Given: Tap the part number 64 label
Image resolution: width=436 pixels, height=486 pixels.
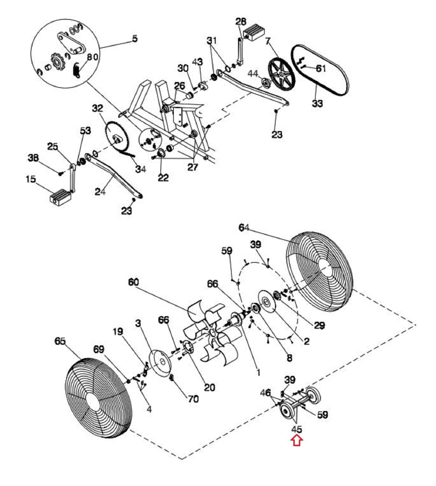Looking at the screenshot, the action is pyautogui.click(x=244, y=228).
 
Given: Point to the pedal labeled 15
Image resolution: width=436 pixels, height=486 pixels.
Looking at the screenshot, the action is pyautogui.click(x=60, y=197).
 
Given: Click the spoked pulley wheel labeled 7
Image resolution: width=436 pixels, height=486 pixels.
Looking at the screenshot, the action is pyautogui.click(x=282, y=75).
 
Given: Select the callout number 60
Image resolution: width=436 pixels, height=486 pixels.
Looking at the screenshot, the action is pyautogui.click(x=133, y=282).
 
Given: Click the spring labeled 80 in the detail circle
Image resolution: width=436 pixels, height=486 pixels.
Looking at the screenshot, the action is pyautogui.click(x=77, y=70).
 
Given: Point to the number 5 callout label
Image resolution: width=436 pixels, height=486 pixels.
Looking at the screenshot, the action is pyautogui.click(x=135, y=39).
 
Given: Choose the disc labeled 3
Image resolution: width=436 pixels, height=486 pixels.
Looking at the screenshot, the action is pyautogui.click(x=161, y=364).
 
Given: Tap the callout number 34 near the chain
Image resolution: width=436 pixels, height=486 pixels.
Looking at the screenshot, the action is pyautogui.click(x=141, y=169).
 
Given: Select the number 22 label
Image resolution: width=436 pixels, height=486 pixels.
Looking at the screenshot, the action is pyautogui.click(x=163, y=178).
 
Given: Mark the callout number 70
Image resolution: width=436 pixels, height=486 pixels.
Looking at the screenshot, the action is pyautogui.click(x=193, y=399).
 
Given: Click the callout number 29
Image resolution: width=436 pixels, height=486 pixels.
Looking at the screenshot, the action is pyautogui.click(x=319, y=325).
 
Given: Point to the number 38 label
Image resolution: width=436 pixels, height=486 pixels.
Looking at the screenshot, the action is pyautogui.click(x=33, y=158).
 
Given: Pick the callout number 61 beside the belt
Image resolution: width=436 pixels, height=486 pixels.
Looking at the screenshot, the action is pyautogui.click(x=321, y=68).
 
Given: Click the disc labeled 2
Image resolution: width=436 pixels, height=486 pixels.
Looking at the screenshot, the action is pyautogui.click(x=267, y=301).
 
